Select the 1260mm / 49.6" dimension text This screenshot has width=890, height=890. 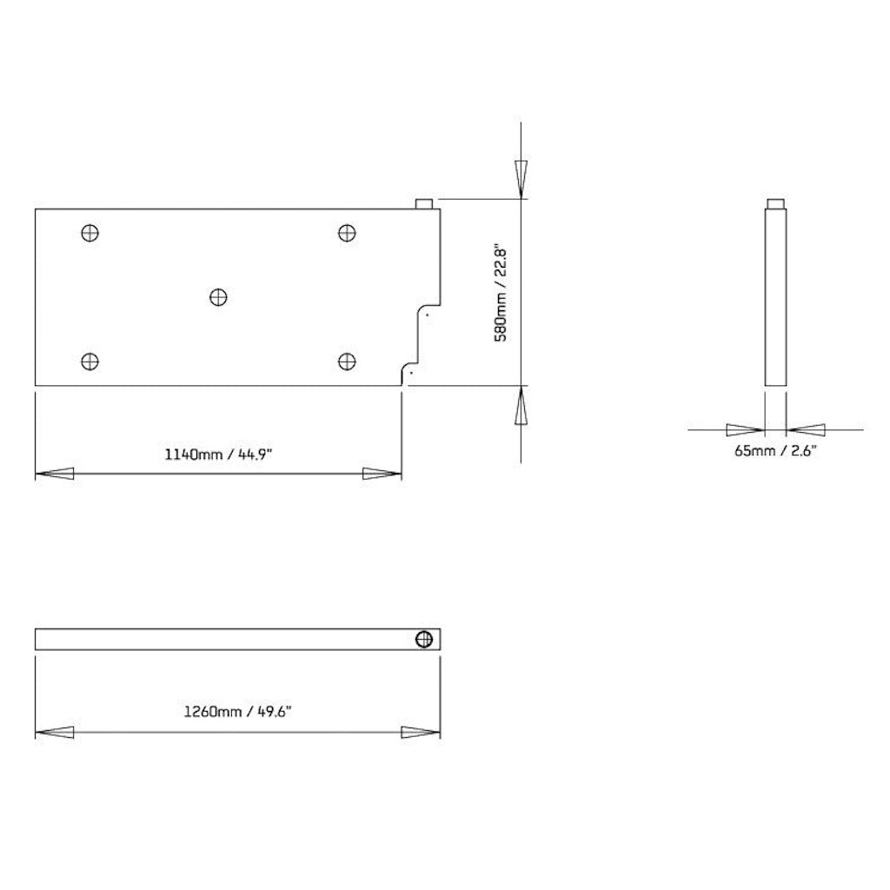pos(237,711)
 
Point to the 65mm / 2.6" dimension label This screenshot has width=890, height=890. pos(775,450)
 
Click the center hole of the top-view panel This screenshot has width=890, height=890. pos(218,297)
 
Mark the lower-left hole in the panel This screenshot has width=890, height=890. pos(90,362)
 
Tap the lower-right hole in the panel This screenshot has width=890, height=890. pos(347,362)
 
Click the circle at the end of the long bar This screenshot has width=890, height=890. pos(424,639)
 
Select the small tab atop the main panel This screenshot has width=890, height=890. pos(425,203)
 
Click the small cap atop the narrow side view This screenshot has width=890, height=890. pos(775,204)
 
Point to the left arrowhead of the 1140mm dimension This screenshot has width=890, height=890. pos(54,474)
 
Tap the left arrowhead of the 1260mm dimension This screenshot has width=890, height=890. pos(54,733)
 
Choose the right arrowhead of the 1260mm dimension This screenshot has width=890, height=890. pos(421,733)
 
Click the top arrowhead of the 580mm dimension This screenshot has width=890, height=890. pos(521,180)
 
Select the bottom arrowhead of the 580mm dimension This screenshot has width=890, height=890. pos(521,406)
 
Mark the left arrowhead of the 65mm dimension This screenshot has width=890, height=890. pos(745,428)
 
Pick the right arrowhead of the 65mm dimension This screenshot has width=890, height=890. pos(806,428)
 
